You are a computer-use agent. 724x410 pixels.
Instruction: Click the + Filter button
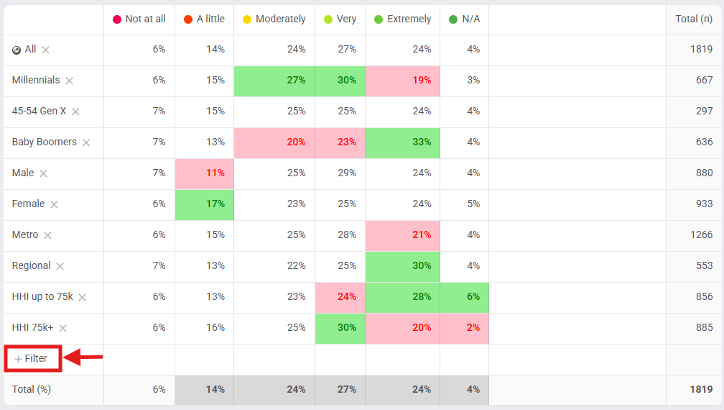(x=32, y=358)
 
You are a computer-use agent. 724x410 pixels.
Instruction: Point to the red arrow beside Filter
(x=84, y=356)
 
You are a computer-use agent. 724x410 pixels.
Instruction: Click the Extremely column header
(x=402, y=19)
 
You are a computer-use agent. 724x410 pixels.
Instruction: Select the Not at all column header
(x=139, y=19)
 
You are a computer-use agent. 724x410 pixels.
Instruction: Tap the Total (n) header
(x=694, y=19)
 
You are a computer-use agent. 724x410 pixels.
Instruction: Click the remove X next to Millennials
(x=70, y=81)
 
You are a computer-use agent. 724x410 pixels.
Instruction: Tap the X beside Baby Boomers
(x=86, y=143)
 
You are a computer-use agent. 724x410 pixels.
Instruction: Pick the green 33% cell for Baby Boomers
(x=402, y=142)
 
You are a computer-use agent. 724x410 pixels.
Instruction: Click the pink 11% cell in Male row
(x=205, y=173)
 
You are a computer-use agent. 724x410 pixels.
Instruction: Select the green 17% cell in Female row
(x=205, y=204)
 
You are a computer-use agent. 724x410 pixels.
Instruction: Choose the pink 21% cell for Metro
(x=402, y=235)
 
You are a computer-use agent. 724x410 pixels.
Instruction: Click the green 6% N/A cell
(x=464, y=297)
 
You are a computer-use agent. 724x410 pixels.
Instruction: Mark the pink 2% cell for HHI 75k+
(x=464, y=328)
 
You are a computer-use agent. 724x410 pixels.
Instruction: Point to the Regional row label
(x=32, y=265)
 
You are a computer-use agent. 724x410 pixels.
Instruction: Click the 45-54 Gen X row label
(x=39, y=111)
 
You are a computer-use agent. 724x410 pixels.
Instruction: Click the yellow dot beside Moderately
(x=247, y=19)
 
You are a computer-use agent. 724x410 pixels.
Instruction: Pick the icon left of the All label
(x=17, y=50)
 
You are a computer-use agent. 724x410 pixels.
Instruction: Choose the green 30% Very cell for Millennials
(x=340, y=81)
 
